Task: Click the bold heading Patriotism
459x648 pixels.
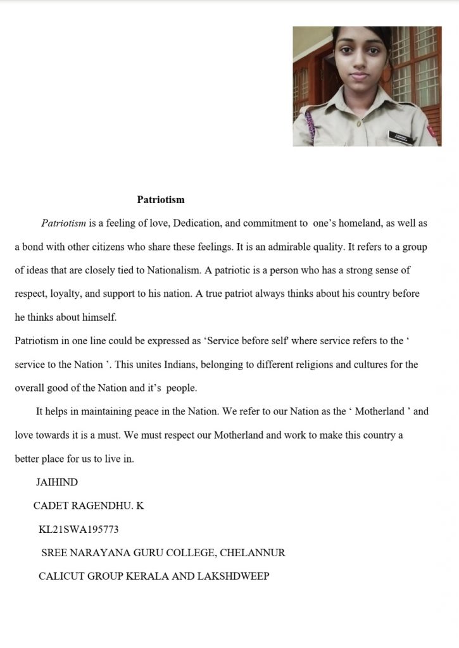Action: (161, 199)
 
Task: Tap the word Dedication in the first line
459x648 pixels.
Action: (196, 223)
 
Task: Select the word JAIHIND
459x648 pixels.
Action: (57, 482)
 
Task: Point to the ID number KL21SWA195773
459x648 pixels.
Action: (79, 529)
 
